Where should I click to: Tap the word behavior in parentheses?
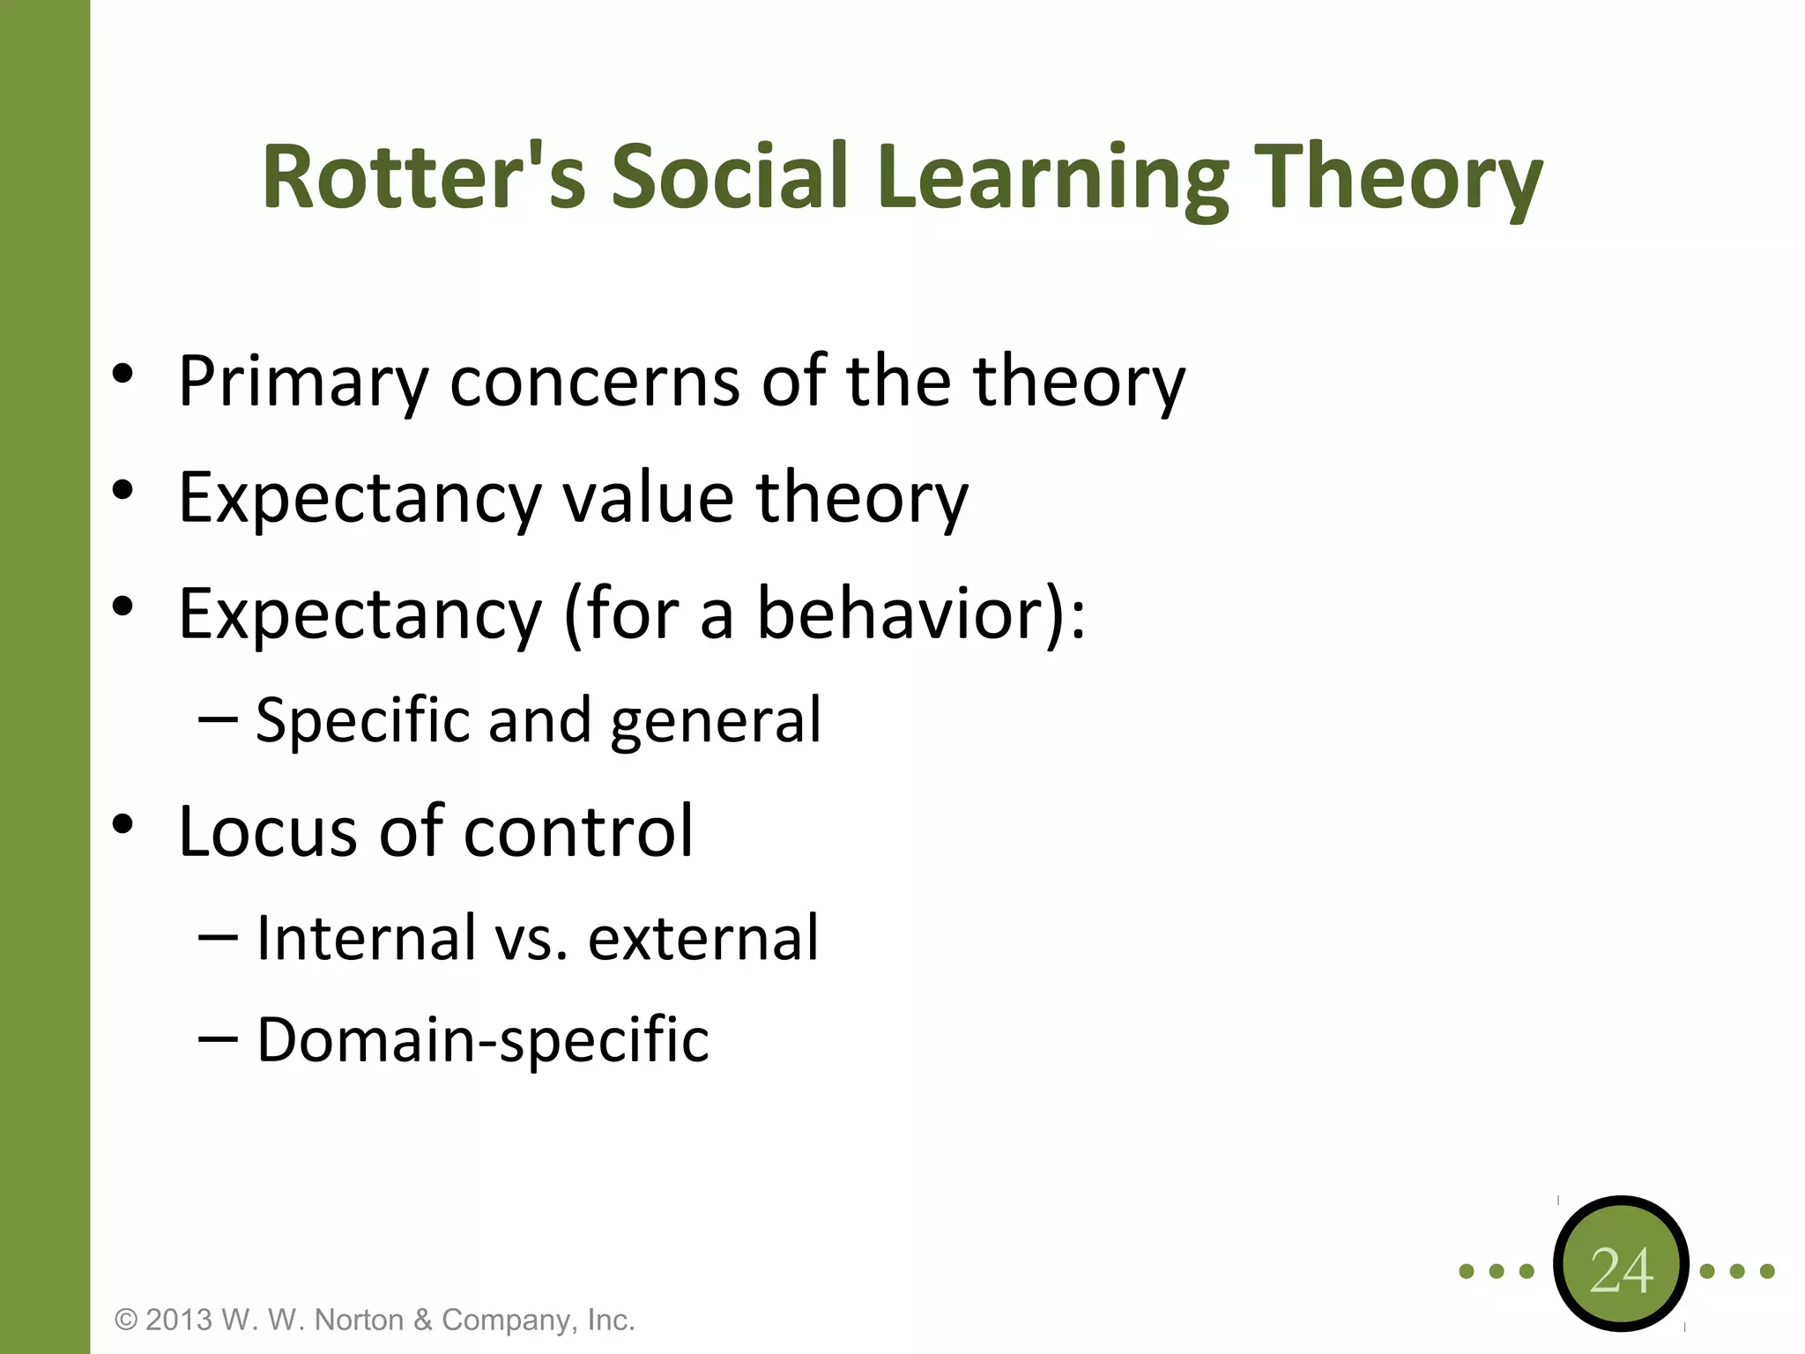pyautogui.click(x=901, y=614)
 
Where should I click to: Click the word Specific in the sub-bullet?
pyautogui.click(x=362, y=721)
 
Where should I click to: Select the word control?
pyautogui.click(x=578, y=831)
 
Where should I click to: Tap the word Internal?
pyautogui.click(x=366, y=937)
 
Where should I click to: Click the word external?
pyautogui.click(x=703, y=937)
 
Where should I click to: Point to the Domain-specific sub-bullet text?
pyautogui.click(x=482, y=1040)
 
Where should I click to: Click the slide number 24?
pyautogui.click(x=1621, y=1270)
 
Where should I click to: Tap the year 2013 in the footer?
pyautogui.click(x=179, y=1320)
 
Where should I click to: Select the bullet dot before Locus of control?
pyautogui.click(x=123, y=824)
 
